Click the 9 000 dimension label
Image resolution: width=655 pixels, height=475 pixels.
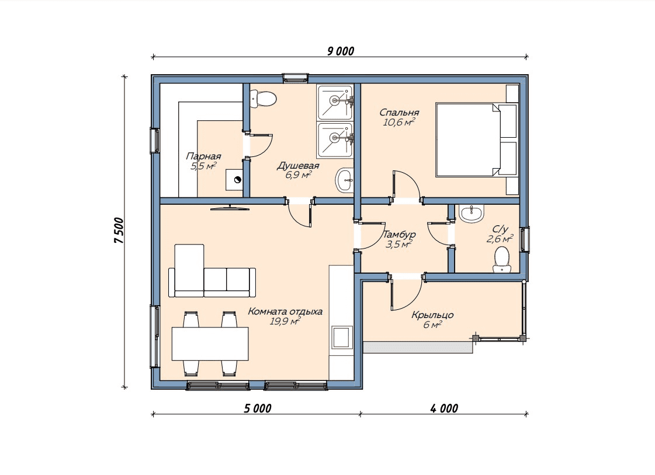[x=341, y=51]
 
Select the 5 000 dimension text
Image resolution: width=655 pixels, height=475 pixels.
[x=258, y=408]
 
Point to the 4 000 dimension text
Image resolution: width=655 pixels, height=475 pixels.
[x=444, y=408]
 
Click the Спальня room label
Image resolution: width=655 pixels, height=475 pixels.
[x=399, y=112]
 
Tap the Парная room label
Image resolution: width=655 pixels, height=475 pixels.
[x=203, y=156]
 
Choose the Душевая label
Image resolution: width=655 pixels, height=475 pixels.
[x=298, y=166]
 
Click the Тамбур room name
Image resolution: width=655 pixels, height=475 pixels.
[x=399, y=235]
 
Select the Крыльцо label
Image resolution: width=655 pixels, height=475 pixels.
[x=432, y=315]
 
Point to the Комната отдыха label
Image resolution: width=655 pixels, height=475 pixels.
[x=285, y=311]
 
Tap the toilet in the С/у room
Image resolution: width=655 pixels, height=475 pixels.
[x=502, y=260]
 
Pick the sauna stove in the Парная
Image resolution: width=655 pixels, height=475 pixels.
[x=235, y=180]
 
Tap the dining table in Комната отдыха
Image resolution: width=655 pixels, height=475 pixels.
[x=210, y=344]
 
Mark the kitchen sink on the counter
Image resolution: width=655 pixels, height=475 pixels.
[x=341, y=337]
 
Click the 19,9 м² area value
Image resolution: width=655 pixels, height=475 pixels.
[x=285, y=321]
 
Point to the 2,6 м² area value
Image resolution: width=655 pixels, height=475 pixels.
[x=500, y=239]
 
